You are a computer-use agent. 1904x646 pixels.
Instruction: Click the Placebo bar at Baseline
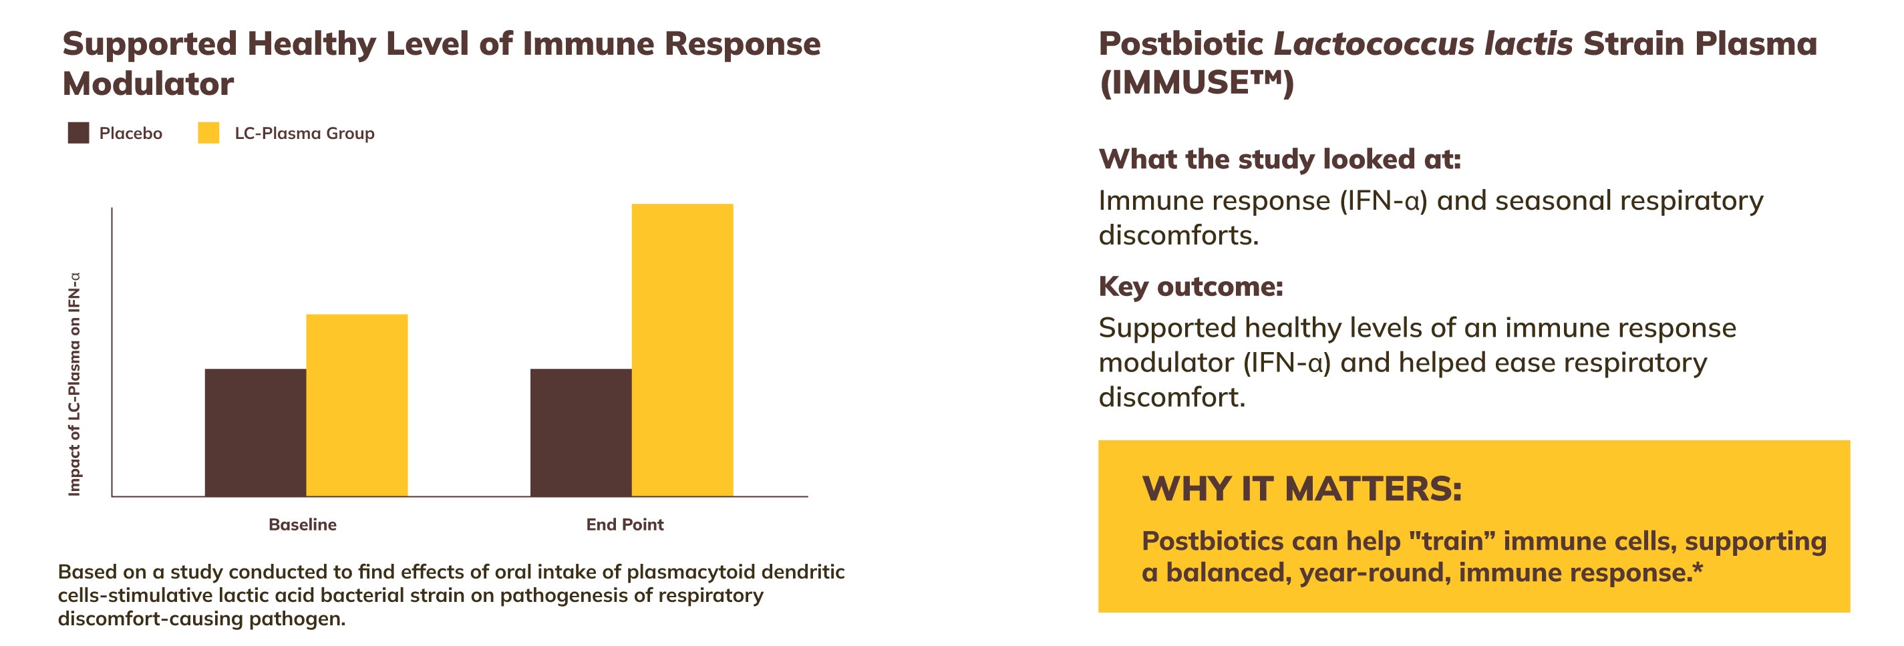(x=255, y=432)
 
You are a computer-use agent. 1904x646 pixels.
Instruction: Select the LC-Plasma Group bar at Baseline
(x=356, y=405)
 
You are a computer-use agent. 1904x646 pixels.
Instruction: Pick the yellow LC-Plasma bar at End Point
(x=681, y=349)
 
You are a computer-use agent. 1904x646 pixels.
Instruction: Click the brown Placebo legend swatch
(x=78, y=133)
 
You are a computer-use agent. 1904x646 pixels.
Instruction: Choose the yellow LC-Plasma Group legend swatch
(x=208, y=133)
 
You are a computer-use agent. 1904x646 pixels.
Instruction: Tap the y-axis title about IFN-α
(x=74, y=384)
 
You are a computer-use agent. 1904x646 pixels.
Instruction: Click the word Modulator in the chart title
(x=148, y=84)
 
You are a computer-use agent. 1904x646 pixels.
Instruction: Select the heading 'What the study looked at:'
(x=1279, y=159)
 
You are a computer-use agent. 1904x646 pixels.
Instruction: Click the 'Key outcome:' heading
(x=1191, y=286)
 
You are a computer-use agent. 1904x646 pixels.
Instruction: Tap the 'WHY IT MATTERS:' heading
(x=1301, y=488)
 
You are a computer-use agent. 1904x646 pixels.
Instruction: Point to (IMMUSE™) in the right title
(x=1197, y=83)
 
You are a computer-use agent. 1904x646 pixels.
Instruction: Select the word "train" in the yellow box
(x=1452, y=541)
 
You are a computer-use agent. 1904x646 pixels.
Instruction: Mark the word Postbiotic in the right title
(x=1180, y=43)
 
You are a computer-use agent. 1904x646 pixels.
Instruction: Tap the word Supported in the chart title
(x=149, y=43)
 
